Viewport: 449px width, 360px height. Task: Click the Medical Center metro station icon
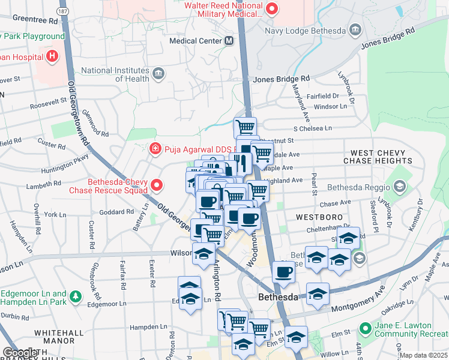pyautogui.click(x=229, y=41)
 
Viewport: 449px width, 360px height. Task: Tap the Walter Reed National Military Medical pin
pyautogui.click(x=272, y=8)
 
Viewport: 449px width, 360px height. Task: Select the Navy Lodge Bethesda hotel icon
pyautogui.click(x=355, y=30)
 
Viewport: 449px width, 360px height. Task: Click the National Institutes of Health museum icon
pyautogui.click(x=158, y=74)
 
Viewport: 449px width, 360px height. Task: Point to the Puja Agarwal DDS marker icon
pyautogui.click(x=155, y=148)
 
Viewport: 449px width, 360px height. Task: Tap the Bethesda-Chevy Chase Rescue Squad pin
pyautogui.click(x=157, y=185)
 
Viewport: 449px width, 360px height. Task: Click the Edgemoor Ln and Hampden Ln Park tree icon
pyautogui.click(x=75, y=297)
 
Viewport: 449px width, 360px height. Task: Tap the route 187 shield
pyautogui.click(x=63, y=11)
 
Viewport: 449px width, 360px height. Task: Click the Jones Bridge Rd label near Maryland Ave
pyautogui.click(x=281, y=79)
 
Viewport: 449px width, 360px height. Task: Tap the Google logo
pyautogui.click(x=20, y=353)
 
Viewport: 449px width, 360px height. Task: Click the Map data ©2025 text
pyautogui.click(x=423, y=355)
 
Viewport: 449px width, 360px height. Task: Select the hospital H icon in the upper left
pyautogui.click(x=53, y=57)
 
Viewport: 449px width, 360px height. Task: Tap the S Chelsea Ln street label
pyautogui.click(x=312, y=128)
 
